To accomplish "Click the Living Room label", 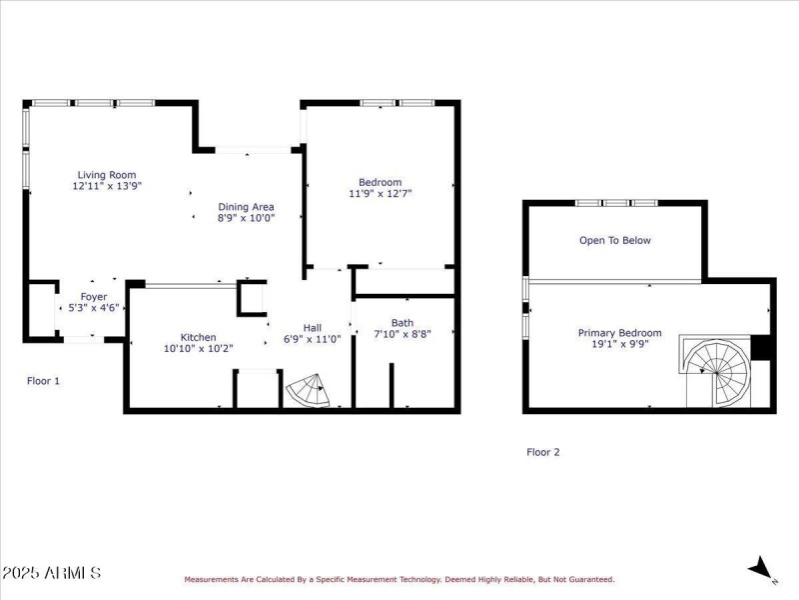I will pyautogui.click(x=107, y=175).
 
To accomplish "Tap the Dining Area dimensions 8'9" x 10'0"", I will pyautogui.click(x=246, y=217).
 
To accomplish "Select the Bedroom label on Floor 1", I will pyautogui.click(x=380, y=182).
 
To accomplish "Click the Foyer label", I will pyautogui.click(x=94, y=297).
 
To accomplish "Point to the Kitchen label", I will pyautogui.click(x=198, y=337).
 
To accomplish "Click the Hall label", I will pyautogui.click(x=313, y=327).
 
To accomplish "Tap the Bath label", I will pyautogui.click(x=402, y=323).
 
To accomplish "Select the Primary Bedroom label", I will pyautogui.click(x=619, y=333).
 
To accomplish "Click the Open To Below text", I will pyautogui.click(x=615, y=240).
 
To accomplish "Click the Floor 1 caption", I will pyautogui.click(x=43, y=381).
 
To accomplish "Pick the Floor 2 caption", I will pyautogui.click(x=543, y=452).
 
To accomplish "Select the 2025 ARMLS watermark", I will pyautogui.click(x=51, y=573).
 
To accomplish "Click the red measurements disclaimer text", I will pyautogui.click(x=399, y=579).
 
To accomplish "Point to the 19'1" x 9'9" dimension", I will pyautogui.click(x=619, y=345).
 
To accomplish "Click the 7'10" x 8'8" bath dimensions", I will pyautogui.click(x=402, y=335).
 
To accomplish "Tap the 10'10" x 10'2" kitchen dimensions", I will pyautogui.click(x=198, y=349).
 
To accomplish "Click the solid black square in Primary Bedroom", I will pyautogui.click(x=762, y=346).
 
